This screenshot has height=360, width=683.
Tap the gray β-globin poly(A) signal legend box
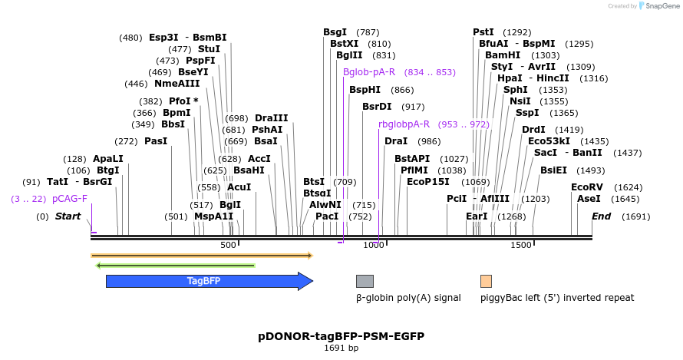(365, 281)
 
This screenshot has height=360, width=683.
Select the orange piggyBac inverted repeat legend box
(486, 281)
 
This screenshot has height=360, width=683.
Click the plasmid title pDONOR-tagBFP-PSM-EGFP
(341, 336)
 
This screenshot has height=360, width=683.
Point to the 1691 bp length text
(341, 348)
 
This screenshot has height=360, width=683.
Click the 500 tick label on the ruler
(228, 245)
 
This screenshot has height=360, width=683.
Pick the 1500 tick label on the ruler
(521, 245)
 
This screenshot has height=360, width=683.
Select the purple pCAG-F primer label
(70, 199)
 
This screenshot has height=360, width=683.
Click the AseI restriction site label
(589, 199)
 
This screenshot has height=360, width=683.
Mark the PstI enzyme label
(483, 32)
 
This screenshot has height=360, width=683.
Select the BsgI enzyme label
(335, 32)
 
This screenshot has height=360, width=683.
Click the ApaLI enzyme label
(108, 159)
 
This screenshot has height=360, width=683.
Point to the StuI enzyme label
(209, 49)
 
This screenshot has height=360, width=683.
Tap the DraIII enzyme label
(271, 117)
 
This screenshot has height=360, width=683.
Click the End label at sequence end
(601, 216)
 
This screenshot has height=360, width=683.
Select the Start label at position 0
(68, 216)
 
